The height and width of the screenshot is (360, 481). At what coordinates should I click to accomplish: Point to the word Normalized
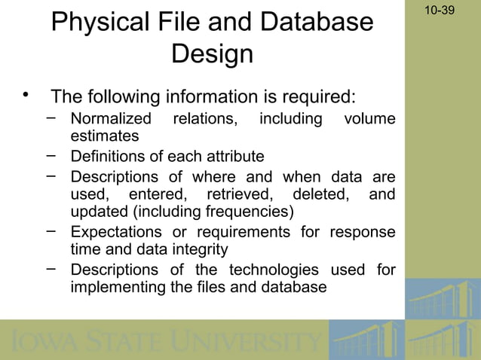tap(110, 119)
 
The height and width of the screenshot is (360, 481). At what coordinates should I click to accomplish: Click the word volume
tap(369, 119)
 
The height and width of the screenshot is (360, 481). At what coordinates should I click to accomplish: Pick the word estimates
tap(104, 136)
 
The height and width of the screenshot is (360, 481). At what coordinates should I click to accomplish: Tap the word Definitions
tap(108, 157)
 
